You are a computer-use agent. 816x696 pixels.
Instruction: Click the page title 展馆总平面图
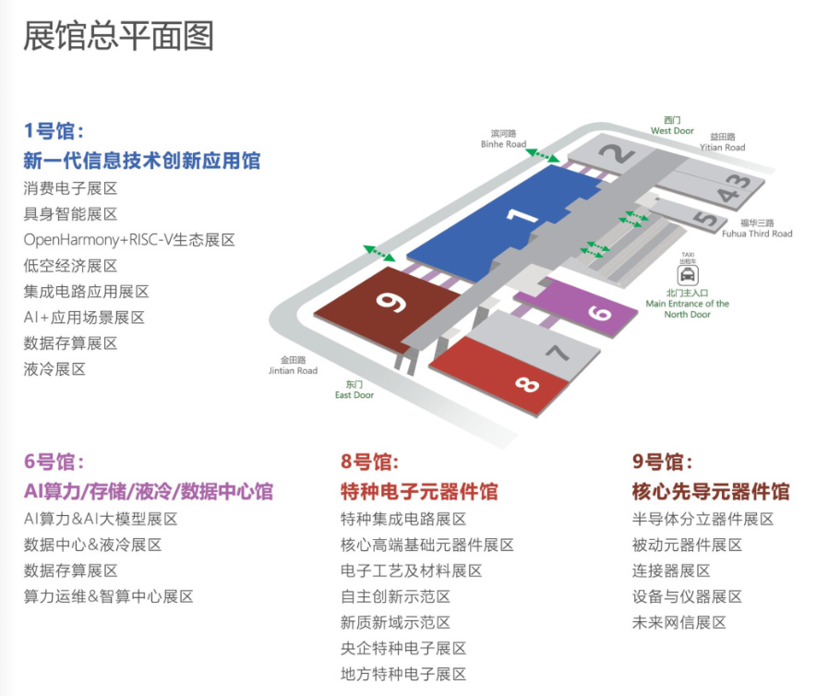pos(118,35)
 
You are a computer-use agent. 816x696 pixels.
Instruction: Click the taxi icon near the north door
pos(688,274)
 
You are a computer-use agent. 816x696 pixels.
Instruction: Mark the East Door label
pos(354,390)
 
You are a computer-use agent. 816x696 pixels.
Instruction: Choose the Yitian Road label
pos(722,142)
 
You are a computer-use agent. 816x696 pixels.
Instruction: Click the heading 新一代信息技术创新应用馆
pos(141,161)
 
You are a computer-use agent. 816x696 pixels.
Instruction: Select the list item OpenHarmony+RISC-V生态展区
pos(129,240)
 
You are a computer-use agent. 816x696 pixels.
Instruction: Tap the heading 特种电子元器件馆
pos(419,491)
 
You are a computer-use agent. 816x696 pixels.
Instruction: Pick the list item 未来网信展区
pos(679,622)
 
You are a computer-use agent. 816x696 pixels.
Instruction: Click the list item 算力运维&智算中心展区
pos(109,596)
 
